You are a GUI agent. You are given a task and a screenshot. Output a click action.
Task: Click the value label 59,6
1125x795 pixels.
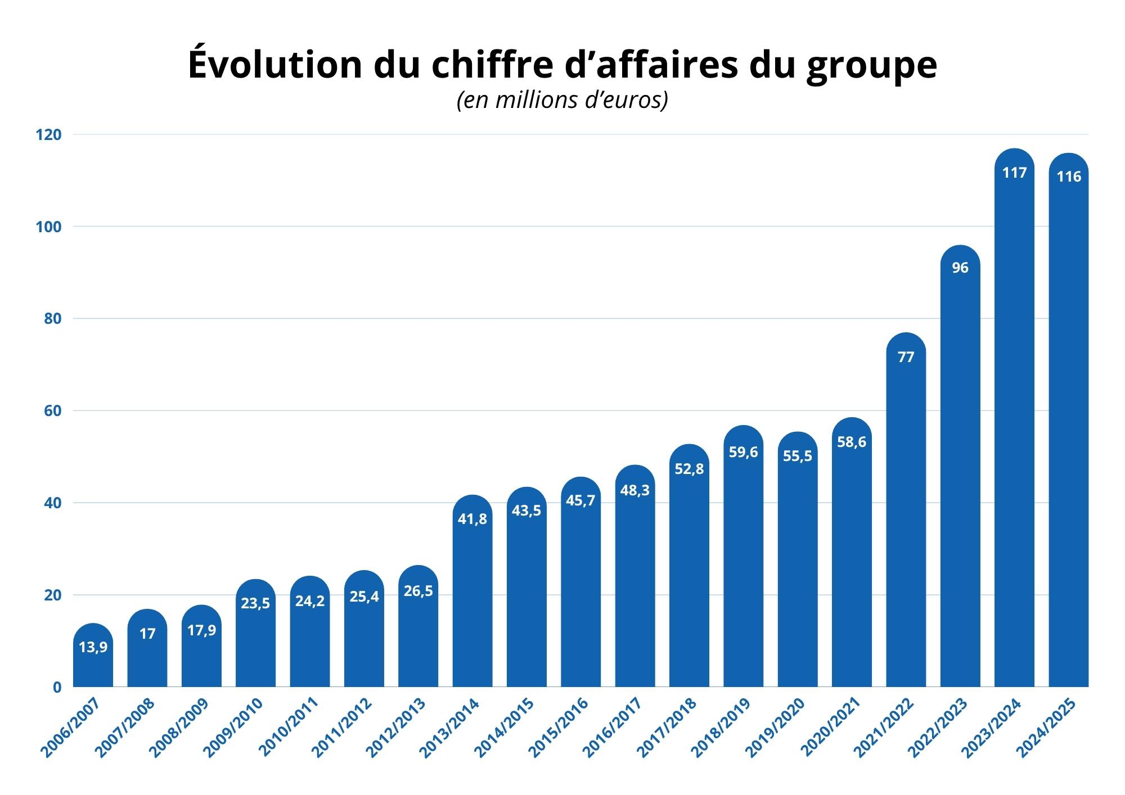pos(743,452)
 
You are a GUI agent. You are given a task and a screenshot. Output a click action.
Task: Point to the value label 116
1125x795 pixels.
pos(1069,177)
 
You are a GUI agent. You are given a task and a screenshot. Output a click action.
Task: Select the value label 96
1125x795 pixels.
pos(960,268)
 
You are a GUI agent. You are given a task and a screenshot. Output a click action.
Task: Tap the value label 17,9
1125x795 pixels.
pos(201,630)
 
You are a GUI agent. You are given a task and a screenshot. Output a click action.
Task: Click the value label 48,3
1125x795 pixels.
pos(634,490)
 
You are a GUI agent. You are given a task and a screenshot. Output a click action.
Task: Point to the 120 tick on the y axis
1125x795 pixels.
pos(48,135)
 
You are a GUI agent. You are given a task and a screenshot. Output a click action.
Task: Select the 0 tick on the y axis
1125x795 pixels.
pos(57,687)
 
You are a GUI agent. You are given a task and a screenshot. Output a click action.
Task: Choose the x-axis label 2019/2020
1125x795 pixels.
pos(775,728)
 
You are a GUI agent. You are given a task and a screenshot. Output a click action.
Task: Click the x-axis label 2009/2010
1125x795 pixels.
pos(232,728)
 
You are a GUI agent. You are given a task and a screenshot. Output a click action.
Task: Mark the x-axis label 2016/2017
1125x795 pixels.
pos(612,728)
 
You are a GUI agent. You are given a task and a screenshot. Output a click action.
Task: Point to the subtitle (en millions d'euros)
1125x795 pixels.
pos(562,100)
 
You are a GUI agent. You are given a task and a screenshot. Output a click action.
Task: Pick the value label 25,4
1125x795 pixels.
pos(364,596)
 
